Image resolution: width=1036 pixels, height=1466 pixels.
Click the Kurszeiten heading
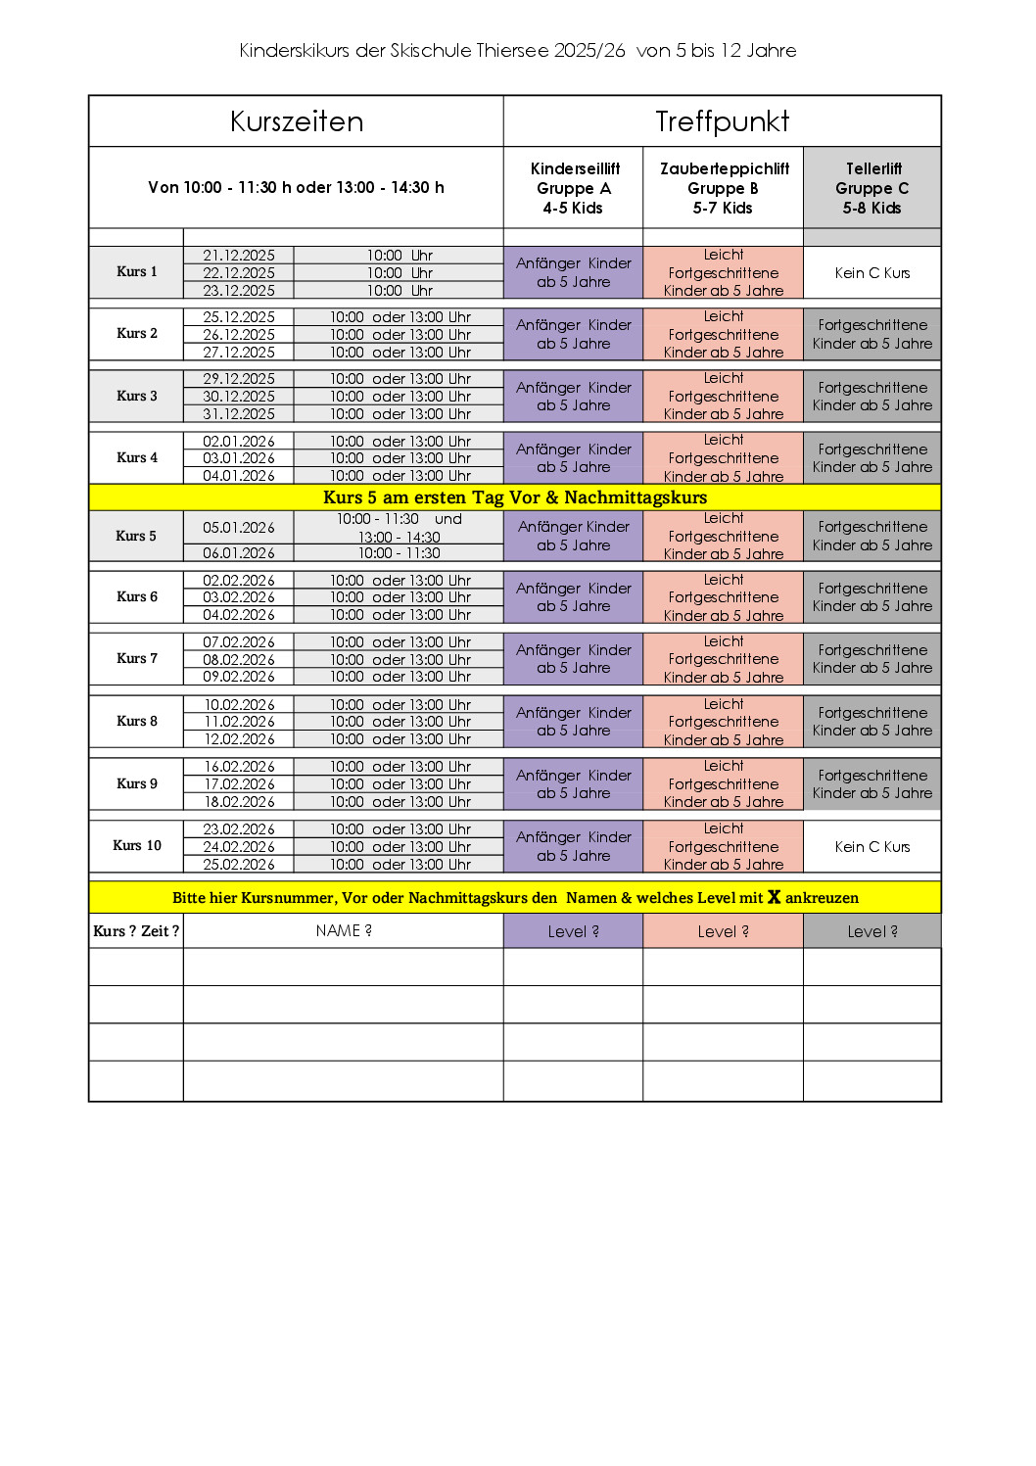coord(297,121)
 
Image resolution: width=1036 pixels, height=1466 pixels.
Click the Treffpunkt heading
coord(722,121)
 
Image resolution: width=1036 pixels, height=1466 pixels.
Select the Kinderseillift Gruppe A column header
coord(574,188)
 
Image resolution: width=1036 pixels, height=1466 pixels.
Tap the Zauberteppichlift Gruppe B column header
coord(724,188)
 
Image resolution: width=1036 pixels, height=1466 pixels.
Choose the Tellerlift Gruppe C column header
coord(872,188)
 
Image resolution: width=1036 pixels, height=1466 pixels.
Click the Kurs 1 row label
coord(136,272)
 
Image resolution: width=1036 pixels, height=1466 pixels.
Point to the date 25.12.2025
coord(239,317)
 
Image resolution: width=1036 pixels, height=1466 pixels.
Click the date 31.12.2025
coord(239,414)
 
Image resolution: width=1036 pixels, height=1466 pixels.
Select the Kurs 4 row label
coord(136,458)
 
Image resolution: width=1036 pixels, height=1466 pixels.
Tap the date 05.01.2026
coord(239,528)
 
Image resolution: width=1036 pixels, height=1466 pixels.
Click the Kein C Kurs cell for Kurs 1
coord(872,273)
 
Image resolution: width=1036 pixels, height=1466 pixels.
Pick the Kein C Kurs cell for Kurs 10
coord(872,847)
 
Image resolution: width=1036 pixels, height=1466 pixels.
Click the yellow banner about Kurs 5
coord(515,497)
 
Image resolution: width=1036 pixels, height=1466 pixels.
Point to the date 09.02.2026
coord(239,677)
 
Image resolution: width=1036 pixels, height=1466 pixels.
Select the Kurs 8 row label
coord(136,722)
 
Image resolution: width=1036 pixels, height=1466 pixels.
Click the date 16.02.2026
coord(239,767)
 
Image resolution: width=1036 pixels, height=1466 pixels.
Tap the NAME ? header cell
coord(344,931)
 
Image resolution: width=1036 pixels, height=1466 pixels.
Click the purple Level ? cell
coord(574,932)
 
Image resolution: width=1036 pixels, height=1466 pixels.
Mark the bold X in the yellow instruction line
coord(774,897)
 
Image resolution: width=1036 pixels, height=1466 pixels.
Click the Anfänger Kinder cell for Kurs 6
coord(574,597)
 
